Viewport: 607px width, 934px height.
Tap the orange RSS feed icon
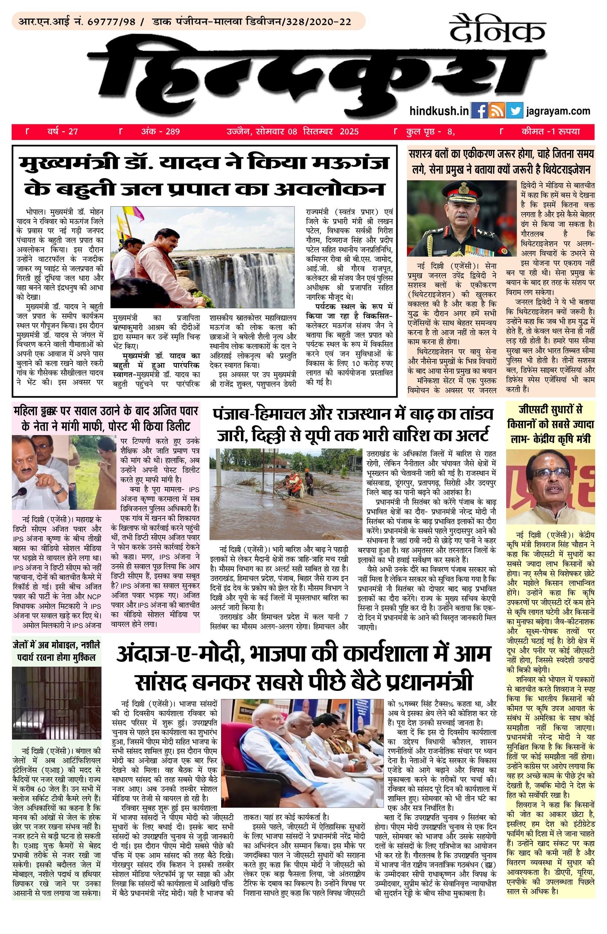point(497,111)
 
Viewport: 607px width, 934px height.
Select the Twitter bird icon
point(514,111)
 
